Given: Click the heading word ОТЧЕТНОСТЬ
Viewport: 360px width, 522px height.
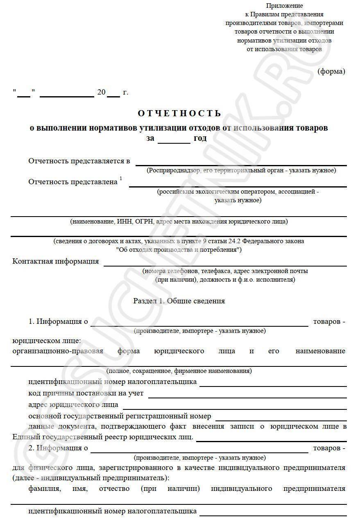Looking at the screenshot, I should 179,113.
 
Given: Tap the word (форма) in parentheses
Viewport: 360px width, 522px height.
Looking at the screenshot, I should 331,71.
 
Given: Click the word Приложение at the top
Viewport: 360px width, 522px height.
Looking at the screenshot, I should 284,6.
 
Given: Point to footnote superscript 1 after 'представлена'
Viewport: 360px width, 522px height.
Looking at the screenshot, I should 121,179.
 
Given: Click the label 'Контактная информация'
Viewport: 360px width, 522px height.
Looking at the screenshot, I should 56,261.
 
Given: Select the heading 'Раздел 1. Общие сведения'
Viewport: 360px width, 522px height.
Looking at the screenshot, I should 179,301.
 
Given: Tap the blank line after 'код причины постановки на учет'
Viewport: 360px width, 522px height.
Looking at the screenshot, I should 247,395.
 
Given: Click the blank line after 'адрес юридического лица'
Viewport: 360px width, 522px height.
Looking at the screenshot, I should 234,407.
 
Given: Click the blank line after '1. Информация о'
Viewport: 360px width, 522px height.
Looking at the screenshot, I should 199,324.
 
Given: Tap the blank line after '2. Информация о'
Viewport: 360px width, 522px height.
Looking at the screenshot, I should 199,450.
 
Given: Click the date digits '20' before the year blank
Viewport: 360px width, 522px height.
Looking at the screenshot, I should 101,93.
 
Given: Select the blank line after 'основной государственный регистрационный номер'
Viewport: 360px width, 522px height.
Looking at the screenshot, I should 281,418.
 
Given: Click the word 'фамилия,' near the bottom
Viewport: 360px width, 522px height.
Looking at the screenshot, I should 45,488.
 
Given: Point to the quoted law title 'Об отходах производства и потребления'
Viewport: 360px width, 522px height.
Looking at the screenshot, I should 179,249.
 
